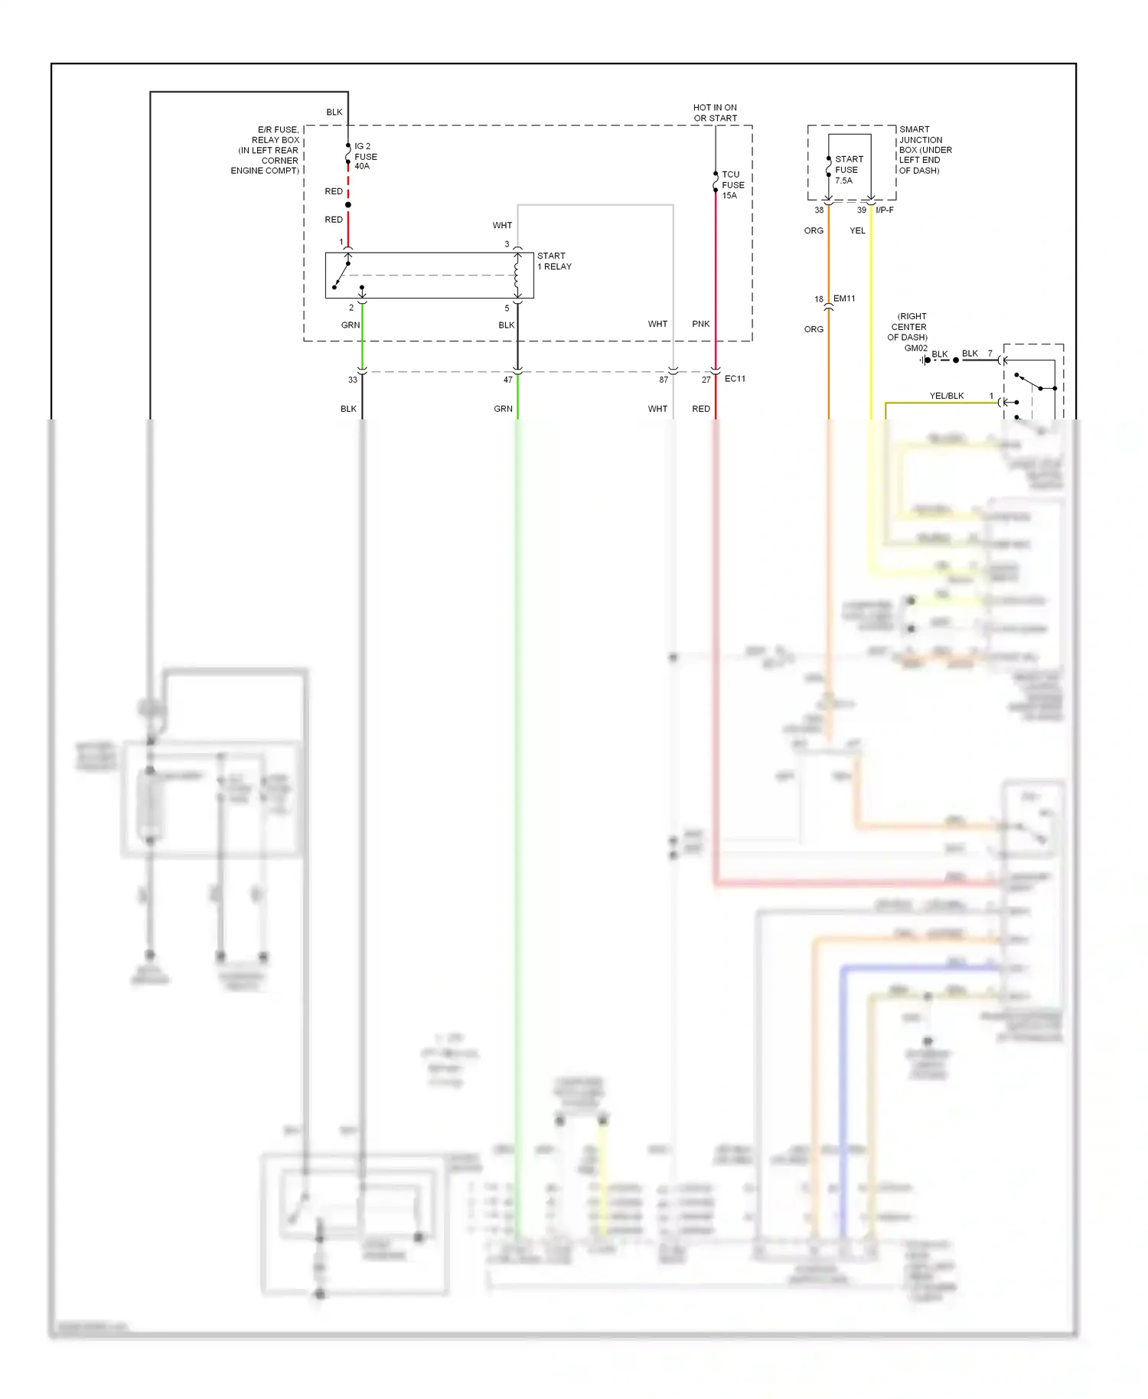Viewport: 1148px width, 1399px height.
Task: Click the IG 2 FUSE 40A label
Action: (x=365, y=156)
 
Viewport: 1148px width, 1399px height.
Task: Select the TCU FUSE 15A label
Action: (x=732, y=185)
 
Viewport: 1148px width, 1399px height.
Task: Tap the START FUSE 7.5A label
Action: (x=848, y=170)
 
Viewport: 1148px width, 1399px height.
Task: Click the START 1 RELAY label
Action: (x=554, y=261)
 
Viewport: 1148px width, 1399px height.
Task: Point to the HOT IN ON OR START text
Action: (x=715, y=113)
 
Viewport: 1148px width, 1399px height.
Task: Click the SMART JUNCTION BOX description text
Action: (x=925, y=150)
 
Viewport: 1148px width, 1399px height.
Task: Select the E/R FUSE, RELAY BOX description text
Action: (x=266, y=150)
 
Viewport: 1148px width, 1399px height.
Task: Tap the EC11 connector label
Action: (x=735, y=379)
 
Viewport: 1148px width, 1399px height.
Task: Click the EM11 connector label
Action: (x=844, y=298)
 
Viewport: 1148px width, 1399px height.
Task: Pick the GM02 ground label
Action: (x=915, y=348)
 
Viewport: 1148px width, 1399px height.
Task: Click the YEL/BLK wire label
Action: (x=946, y=396)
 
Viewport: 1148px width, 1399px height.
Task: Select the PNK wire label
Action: (x=700, y=324)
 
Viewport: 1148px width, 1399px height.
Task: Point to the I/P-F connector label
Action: (x=884, y=210)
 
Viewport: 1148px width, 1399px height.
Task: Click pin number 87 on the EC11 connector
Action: (x=664, y=380)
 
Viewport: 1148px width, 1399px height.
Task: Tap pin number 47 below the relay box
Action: (x=507, y=380)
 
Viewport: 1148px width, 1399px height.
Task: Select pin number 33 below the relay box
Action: (x=352, y=380)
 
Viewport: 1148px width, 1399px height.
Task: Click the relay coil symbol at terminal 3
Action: (x=517, y=276)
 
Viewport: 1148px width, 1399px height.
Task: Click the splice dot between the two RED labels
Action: (x=348, y=205)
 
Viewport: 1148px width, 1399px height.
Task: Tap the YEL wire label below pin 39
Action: (x=857, y=230)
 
